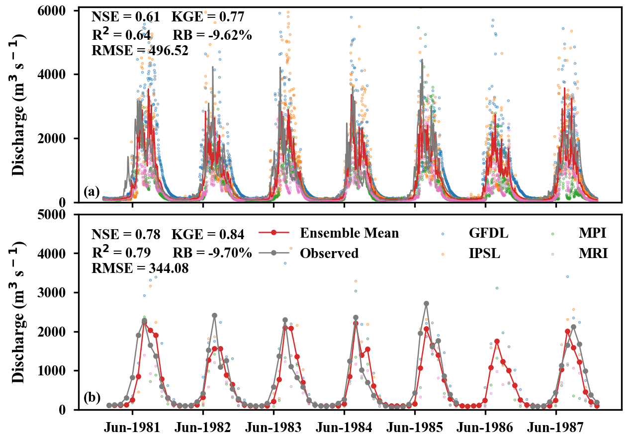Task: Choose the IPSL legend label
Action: pos(484,253)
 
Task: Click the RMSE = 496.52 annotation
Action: pos(140,50)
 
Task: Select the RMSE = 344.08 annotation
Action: pos(140,268)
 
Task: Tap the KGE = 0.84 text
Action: pos(208,234)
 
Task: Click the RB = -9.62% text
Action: pos(212,35)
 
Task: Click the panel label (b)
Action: pos(92,398)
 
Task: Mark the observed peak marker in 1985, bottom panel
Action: pos(426,303)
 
